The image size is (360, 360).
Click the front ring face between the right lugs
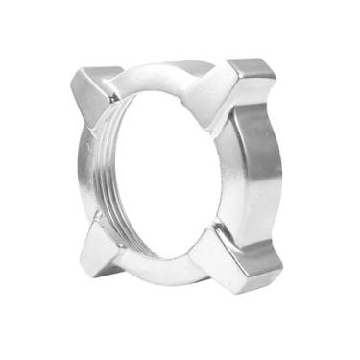(230, 178)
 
